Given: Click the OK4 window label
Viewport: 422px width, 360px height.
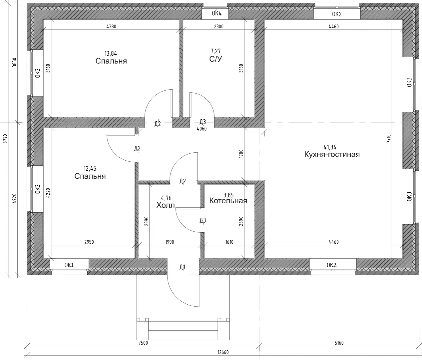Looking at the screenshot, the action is (216, 13).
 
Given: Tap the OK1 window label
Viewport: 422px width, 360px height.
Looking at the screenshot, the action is (69, 265).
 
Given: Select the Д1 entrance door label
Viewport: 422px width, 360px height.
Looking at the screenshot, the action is (182, 267).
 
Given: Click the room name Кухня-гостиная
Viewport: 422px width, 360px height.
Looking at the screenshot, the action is (332, 154).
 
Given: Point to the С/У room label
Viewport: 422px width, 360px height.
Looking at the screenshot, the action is (215, 59).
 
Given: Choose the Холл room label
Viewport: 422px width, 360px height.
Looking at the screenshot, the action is (166, 205).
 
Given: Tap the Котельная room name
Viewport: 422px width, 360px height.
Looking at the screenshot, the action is (228, 201).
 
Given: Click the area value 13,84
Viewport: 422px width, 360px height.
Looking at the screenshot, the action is (111, 54).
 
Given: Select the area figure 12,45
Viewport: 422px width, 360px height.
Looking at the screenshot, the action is (90, 169).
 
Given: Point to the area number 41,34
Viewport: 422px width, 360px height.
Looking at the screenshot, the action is (330, 147).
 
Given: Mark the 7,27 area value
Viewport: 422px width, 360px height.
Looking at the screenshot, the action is (215, 51).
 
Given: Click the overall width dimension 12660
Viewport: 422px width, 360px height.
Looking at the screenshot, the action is (223, 352).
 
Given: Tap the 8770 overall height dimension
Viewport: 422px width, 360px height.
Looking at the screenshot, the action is (5, 139).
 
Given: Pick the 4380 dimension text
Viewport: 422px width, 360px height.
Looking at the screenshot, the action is (111, 27).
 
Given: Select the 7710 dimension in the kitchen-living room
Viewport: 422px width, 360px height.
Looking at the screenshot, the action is (389, 139).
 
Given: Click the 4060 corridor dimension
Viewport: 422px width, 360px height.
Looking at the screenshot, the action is (202, 129).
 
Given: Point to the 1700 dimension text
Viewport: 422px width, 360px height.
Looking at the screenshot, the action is (241, 154).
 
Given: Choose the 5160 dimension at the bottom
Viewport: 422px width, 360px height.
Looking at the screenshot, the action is (339, 343).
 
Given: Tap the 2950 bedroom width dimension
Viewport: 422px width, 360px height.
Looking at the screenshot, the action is (89, 242).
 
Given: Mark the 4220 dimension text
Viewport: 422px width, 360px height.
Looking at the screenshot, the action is (48, 193).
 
